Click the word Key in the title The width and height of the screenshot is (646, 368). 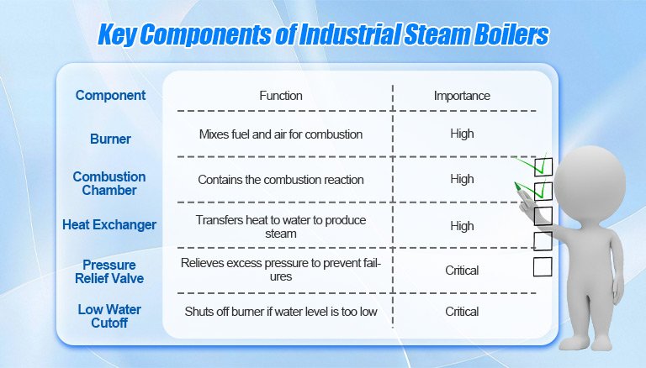pos(117,34)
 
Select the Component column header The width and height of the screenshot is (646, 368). pos(110,96)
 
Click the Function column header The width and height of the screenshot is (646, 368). pos(281,96)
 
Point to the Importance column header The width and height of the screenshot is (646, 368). pos(462,96)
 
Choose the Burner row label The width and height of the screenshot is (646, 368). pos(110,139)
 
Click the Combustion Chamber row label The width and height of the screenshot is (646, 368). pos(109,183)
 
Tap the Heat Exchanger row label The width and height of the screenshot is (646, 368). pos(109,225)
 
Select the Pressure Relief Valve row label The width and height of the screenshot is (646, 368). pos(109,271)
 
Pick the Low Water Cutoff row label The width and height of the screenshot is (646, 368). pos(109,316)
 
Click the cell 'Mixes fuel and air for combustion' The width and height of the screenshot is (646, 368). pos(281,134)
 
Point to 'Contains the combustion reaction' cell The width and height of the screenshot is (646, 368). pos(281,180)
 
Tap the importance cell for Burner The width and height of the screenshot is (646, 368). pos(462,134)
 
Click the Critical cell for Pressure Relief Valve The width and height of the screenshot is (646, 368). pos(462,271)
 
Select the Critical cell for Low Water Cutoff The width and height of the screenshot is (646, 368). pos(462,312)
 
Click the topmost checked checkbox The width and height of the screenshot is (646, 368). pos(543,166)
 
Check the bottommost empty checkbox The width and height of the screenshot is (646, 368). pos(543,266)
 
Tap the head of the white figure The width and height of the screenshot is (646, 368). pos(590,180)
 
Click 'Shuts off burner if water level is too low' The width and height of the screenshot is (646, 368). pos(281,312)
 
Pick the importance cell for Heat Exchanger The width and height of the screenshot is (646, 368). pos(462,226)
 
